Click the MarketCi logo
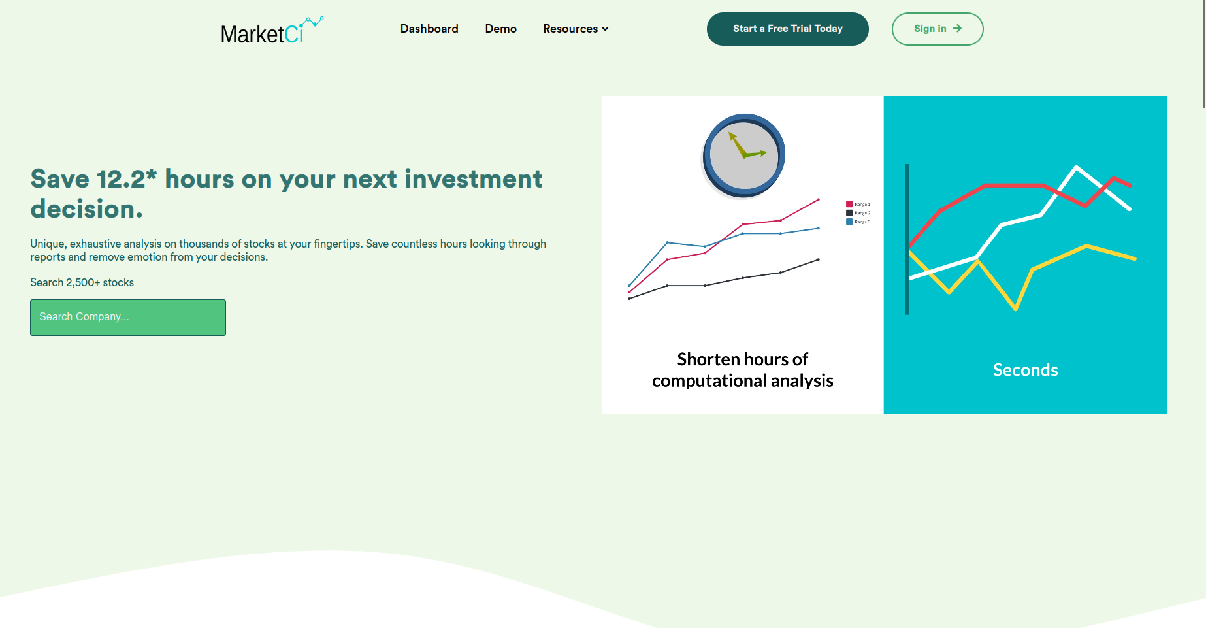click(x=270, y=31)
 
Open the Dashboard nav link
click(x=429, y=29)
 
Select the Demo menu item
click(x=500, y=29)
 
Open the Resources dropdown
click(x=575, y=29)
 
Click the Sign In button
click(x=937, y=29)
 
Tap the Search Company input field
click(x=128, y=318)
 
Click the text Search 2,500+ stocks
click(x=82, y=282)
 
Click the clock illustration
click(x=743, y=156)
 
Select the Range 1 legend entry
click(x=858, y=205)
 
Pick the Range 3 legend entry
click(x=858, y=222)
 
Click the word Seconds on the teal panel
click(x=1025, y=370)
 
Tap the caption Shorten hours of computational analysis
click(x=742, y=370)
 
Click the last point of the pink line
click(x=819, y=199)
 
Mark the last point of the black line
click(x=819, y=259)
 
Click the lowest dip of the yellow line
click(x=1016, y=308)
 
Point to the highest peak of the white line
click(x=1076, y=167)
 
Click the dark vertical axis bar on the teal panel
click(x=907, y=239)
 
